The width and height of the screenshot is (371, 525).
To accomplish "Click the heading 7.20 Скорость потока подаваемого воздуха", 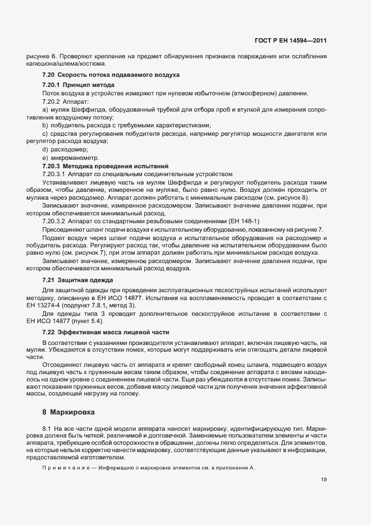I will click(x=111, y=75).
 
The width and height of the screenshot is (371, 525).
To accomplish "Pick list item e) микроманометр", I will click(x=70, y=158).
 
